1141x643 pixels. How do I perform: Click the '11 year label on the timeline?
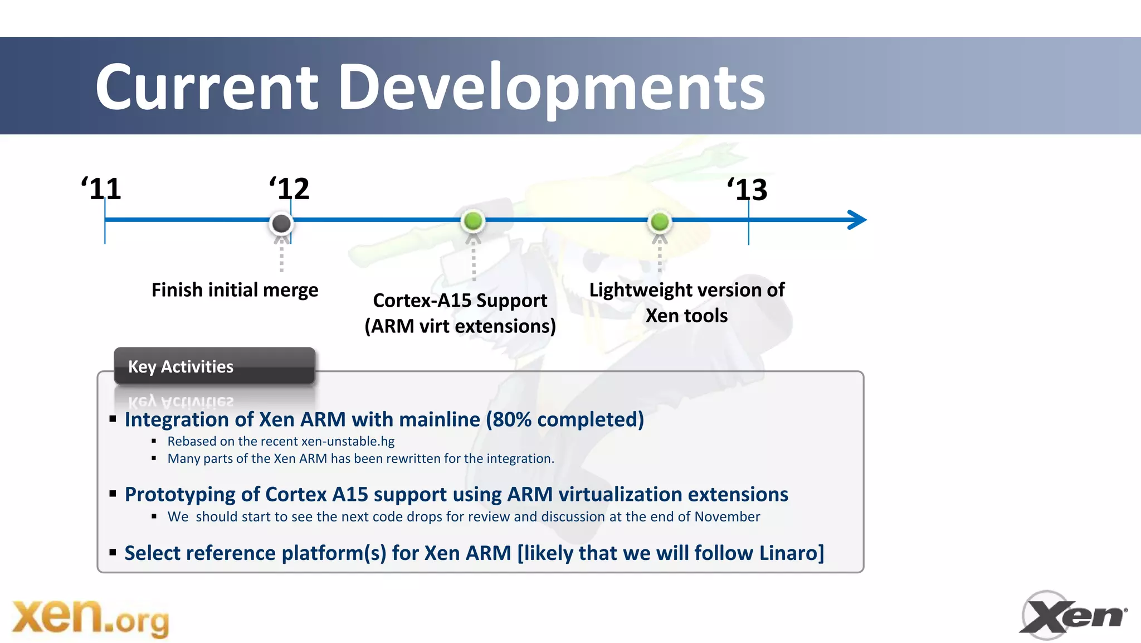101,189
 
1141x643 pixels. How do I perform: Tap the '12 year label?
290,189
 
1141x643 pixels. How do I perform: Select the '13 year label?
748,190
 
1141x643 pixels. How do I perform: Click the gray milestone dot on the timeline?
281,223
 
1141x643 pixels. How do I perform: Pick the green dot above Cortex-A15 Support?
473,221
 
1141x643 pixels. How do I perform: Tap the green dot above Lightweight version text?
660,221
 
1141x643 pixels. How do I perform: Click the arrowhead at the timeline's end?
857,220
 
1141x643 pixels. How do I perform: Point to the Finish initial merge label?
235,290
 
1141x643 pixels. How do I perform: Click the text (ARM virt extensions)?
460,326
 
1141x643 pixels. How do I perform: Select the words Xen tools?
686,316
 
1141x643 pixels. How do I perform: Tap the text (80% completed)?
565,419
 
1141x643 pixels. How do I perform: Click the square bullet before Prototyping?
113,494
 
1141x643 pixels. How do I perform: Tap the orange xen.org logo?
90,618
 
